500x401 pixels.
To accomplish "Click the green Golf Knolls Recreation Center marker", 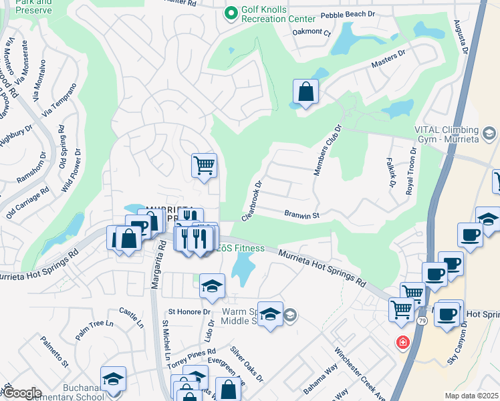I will (231, 13).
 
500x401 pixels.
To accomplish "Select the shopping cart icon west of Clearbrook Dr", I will (204, 164).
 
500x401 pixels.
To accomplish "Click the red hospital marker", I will (402, 343).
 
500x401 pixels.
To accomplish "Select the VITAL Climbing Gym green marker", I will (490, 134).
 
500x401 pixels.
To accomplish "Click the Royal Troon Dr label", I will (411, 170).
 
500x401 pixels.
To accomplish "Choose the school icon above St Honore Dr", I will (212, 286).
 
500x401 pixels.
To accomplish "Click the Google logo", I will (21, 393).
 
